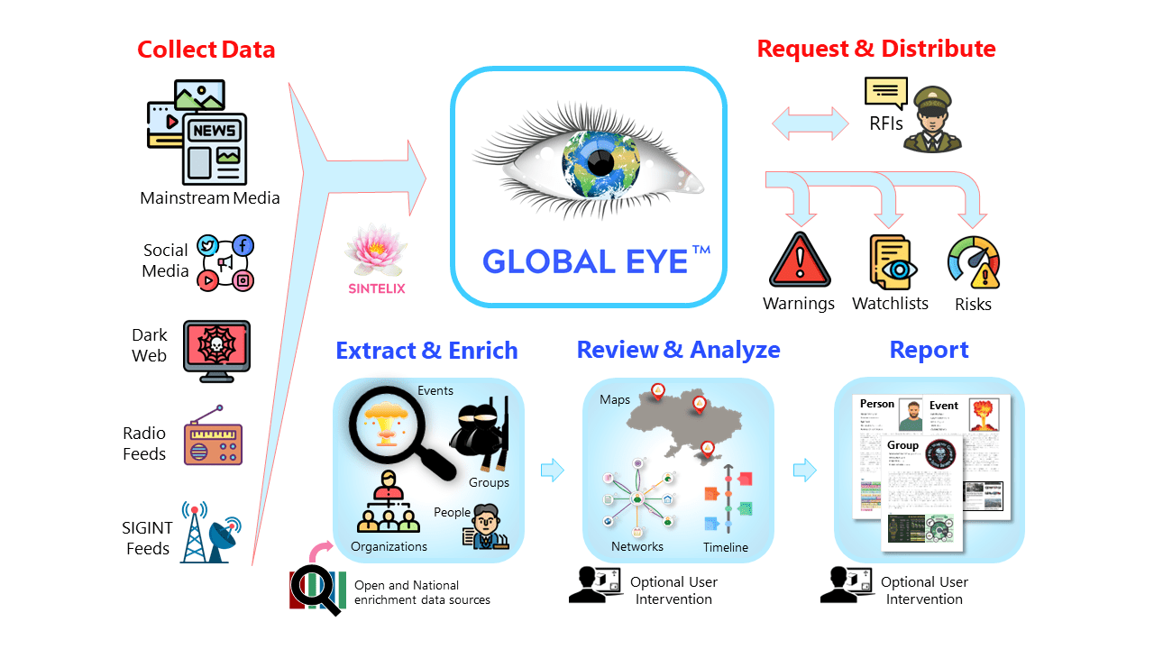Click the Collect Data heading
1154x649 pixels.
coord(206,49)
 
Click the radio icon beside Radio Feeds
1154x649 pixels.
coord(213,440)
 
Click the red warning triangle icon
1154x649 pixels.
coord(799,261)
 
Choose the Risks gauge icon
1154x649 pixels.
coord(974,262)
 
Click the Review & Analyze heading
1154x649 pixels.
coord(678,350)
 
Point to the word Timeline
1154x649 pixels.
coord(725,547)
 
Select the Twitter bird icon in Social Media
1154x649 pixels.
coord(208,245)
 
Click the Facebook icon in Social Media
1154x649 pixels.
coord(243,245)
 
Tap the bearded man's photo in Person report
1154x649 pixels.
coord(912,416)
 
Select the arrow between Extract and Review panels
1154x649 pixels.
coord(552,470)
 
